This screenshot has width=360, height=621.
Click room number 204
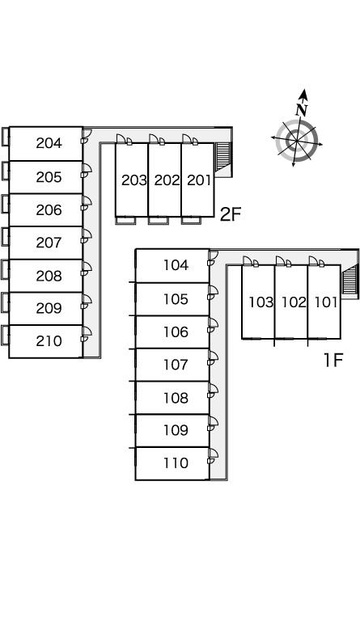click(x=49, y=143)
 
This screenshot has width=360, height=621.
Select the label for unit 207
click(x=49, y=243)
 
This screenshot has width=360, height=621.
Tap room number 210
click(x=49, y=341)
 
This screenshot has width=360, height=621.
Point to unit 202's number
click(x=167, y=180)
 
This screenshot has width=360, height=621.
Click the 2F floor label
click(x=230, y=214)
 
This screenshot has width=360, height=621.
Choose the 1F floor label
click(x=332, y=360)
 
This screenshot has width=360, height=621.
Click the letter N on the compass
click(x=303, y=109)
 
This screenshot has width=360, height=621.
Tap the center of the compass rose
click(x=297, y=140)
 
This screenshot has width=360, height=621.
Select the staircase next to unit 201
click(x=223, y=157)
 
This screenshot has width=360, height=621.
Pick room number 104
click(x=176, y=265)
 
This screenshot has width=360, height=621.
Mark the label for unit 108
click(x=176, y=398)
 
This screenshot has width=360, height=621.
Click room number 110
click(x=176, y=463)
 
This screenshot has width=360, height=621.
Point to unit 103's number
click(x=261, y=302)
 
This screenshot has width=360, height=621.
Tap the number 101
click(x=326, y=302)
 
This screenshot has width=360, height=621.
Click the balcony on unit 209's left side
click(x=5, y=309)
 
